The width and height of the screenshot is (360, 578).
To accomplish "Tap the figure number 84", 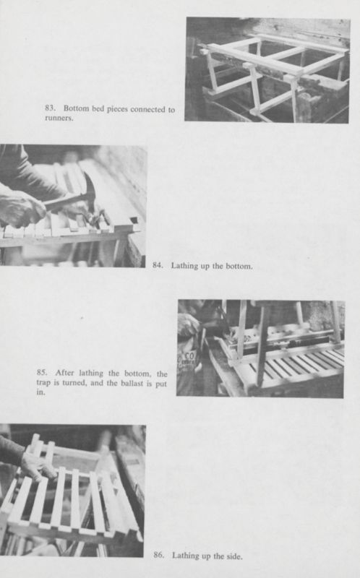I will pyautogui.click(x=158, y=266).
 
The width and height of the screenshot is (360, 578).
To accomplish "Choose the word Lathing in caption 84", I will pyautogui.click(x=184, y=266).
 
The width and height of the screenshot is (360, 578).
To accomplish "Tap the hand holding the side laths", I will pyautogui.click(x=36, y=466).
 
